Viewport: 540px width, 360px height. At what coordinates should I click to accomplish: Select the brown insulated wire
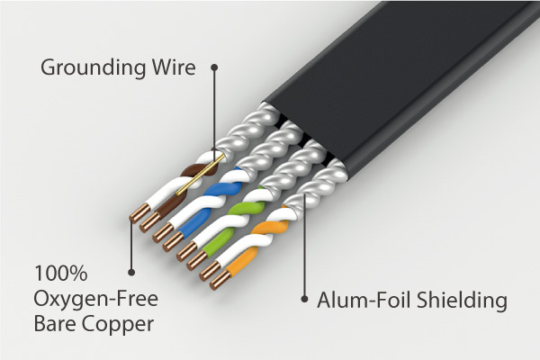click(x=191, y=171)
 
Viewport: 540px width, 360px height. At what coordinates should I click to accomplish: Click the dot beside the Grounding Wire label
click(x=214, y=67)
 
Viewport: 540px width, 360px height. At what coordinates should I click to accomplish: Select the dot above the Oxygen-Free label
click(x=131, y=269)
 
